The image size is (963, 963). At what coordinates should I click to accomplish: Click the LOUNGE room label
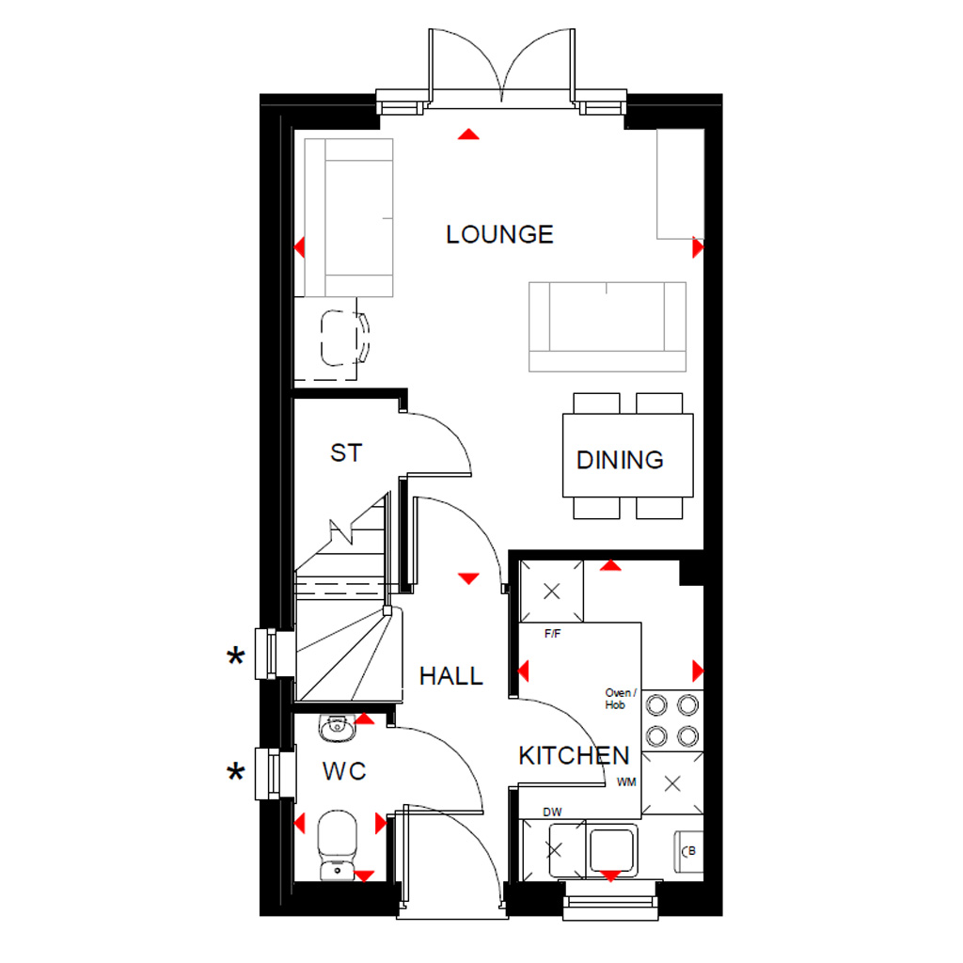tap(499, 234)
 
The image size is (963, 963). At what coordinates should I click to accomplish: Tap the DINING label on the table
tap(620, 460)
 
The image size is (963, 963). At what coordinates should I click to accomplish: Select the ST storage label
tap(346, 453)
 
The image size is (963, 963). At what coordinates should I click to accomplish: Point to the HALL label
tap(450, 676)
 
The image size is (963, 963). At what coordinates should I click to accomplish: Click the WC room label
tap(344, 771)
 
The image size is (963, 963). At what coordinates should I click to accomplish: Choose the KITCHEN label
tap(574, 756)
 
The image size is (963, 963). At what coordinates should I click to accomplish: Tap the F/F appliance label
tap(552, 634)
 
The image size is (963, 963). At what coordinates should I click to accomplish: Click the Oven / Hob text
tap(621, 699)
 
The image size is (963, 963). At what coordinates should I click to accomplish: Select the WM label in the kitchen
tap(625, 782)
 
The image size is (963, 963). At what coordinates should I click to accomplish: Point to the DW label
tap(552, 812)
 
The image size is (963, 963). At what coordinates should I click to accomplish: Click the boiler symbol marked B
tap(689, 851)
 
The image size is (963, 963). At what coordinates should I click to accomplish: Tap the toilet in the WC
tap(338, 845)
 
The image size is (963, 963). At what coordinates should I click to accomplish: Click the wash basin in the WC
tap(337, 728)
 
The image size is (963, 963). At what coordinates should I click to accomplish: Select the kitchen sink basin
tap(611, 849)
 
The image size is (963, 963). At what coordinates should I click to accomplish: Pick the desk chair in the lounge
tap(344, 339)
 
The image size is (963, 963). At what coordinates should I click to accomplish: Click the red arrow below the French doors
tap(468, 134)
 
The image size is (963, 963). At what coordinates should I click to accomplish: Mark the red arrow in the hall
tap(468, 578)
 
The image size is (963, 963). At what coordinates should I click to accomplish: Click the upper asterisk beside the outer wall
tap(236, 657)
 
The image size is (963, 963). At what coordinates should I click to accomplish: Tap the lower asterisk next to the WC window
tap(236, 772)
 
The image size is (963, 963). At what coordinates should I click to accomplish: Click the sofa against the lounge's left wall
tap(349, 218)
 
